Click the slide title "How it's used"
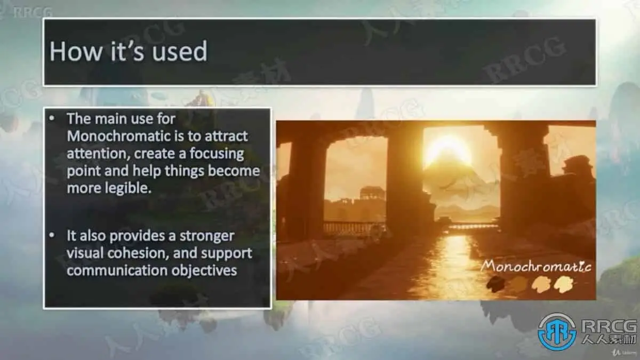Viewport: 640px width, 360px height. [129, 51]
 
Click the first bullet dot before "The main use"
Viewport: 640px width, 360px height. [52, 118]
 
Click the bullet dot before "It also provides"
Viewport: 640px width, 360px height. [52, 235]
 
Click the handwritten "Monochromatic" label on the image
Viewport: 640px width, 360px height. [535, 266]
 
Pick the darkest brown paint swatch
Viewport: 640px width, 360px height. [495, 284]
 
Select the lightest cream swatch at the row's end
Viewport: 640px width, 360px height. [564, 284]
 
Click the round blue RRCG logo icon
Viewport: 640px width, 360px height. [557, 332]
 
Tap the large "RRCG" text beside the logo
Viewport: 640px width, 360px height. [609, 326]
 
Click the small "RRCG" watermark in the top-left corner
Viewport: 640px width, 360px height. [33, 13]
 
